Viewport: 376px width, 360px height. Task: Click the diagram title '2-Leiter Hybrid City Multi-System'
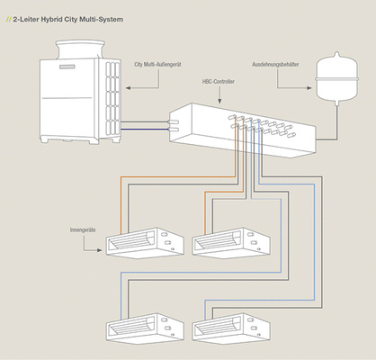(x=67, y=20)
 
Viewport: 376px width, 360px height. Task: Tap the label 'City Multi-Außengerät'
(x=157, y=64)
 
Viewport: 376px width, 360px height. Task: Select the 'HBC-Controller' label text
(x=219, y=82)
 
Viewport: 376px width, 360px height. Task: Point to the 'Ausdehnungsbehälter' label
(x=275, y=64)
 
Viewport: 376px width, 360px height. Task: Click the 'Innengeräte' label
(x=83, y=230)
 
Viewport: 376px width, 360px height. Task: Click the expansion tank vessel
(x=337, y=78)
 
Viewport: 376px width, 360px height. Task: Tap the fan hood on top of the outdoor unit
(x=80, y=49)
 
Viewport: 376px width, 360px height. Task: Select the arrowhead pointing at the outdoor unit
(x=128, y=88)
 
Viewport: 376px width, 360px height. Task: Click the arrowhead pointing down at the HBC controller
(x=219, y=101)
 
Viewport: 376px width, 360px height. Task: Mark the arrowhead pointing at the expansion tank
(x=309, y=88)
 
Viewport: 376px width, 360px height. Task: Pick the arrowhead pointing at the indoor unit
(x=100, y=250)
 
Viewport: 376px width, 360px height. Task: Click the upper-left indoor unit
(x=145, y=243)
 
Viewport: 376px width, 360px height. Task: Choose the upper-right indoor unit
(x=231, y=243)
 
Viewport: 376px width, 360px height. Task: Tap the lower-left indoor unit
(x=145, y=328)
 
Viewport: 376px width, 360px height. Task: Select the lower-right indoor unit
(x=231, y=328)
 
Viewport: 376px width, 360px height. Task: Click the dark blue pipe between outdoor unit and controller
(x=145, y=130)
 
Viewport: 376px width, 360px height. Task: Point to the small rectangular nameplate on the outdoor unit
(x=69, y=67)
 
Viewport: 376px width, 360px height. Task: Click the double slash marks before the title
(x=8, y=20)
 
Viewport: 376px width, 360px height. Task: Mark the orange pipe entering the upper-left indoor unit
(x=178, y=177)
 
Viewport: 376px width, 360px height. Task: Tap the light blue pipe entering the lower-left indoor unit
(x=201, y=273)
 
